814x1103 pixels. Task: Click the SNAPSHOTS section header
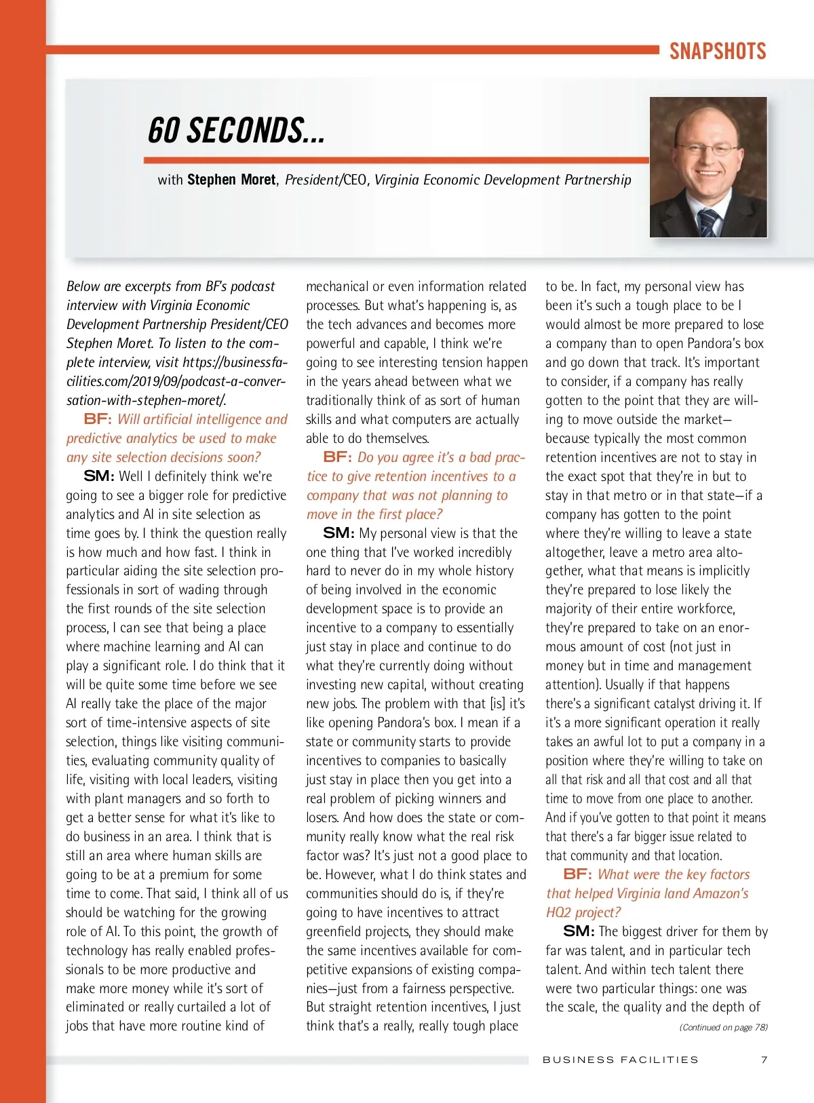coord(718,52)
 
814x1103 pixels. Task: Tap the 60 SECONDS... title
coord(236,131)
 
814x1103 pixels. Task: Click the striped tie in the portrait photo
coord(710,222)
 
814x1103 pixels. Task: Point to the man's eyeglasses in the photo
coord(708,149)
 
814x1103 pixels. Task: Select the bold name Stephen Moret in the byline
coord(231,180)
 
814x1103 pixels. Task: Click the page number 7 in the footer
coord(764,1060)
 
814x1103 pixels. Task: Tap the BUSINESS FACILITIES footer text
coord(620,1060)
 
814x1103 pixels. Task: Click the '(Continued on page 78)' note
coord(723,1028)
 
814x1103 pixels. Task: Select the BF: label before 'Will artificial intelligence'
coord(98,419)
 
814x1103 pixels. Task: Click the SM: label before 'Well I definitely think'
coord(99,476)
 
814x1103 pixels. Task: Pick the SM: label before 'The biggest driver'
coord(579,931)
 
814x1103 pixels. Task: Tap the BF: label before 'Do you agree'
coord(338,457)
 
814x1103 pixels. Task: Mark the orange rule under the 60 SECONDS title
coord(396,161)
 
